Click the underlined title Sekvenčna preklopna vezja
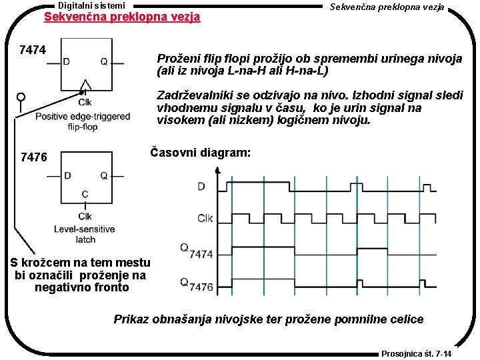point(121,17)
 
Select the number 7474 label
point(33,50)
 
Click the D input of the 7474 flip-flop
point(67,61)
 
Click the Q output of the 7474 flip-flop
point(103,61)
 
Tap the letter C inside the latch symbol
point(85,194)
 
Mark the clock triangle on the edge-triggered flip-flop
point(85,87)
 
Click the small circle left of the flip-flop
point(21,97)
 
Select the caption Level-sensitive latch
point(85,234)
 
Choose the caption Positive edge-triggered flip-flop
point(83,121)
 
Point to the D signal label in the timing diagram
point(201,187)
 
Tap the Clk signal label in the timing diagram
point(205,217)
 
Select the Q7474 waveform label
point(196,251)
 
